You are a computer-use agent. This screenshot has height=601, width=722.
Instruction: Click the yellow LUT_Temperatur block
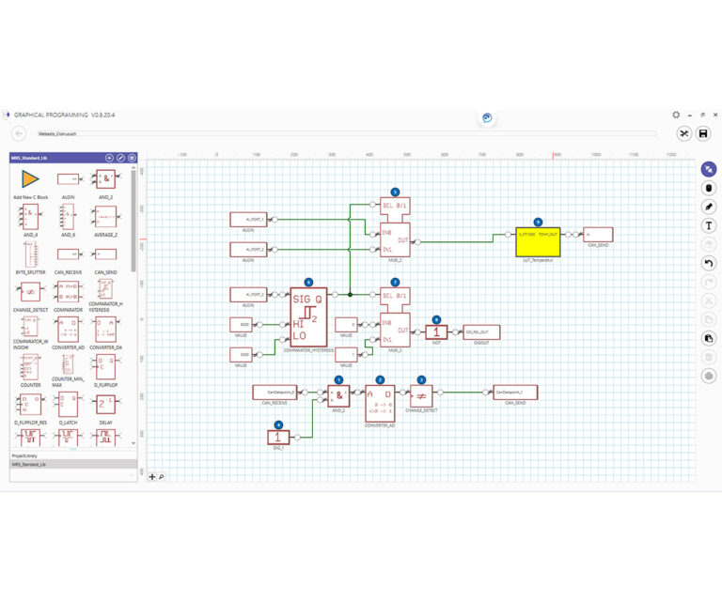[x=538, y=240]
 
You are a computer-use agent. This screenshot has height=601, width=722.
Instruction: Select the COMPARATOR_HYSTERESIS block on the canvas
[x=309, y=316]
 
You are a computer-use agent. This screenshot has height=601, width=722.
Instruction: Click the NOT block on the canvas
[x=436, y=331]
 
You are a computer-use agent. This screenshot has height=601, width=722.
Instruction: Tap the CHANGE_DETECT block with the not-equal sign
[x=421, y=395]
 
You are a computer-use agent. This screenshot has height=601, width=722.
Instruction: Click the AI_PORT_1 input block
[x=249, y=220]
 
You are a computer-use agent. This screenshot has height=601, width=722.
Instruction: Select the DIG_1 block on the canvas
[x=279, y=437]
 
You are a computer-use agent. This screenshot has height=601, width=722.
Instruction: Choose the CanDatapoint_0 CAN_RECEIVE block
[x=275, y=391]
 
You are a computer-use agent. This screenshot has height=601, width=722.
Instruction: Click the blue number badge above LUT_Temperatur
[x=538, y=222]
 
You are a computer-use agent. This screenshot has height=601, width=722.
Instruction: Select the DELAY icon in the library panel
[x=105, y=405]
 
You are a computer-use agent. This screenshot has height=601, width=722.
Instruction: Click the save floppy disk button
[x=703, y=134]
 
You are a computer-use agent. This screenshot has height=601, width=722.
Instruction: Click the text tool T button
[x=709, y=225]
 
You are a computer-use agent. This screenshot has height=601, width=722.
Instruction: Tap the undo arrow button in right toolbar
[x=709, y=264]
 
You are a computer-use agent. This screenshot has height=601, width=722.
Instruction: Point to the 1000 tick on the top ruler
[x=595, y=155]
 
